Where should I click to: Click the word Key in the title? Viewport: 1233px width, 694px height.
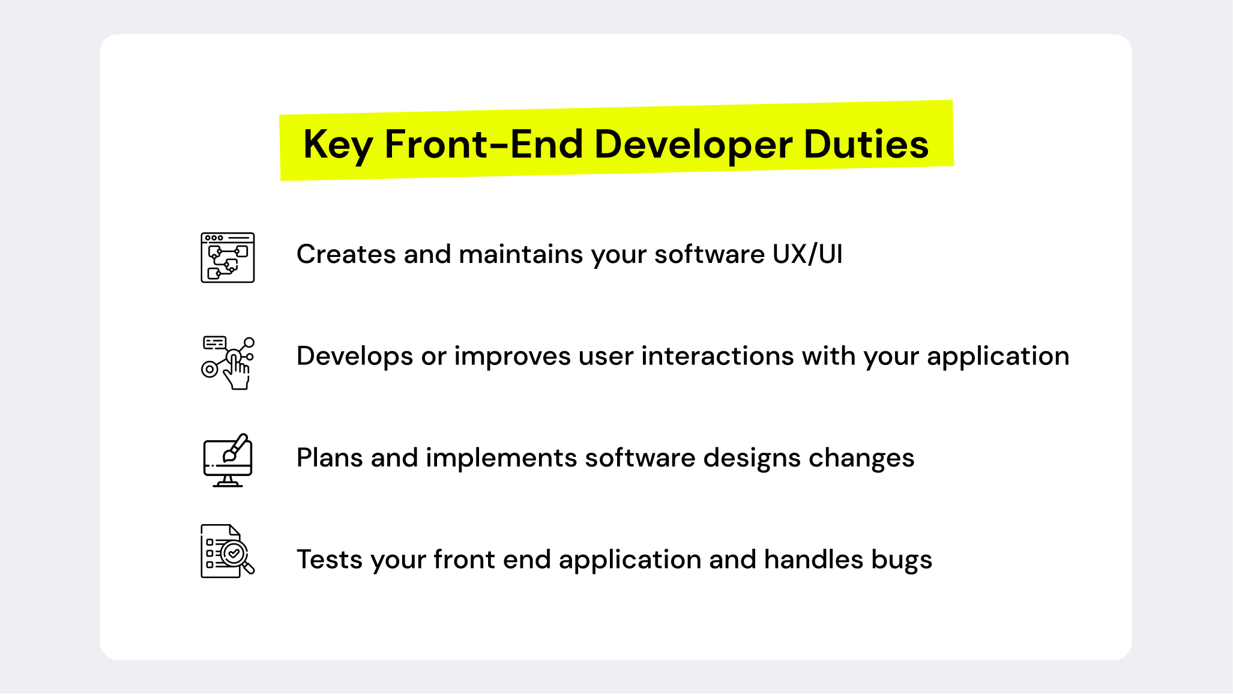[338, 145]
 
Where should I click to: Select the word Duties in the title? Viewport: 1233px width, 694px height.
[866, 145]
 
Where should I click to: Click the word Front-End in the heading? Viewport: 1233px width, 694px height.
[483, 145]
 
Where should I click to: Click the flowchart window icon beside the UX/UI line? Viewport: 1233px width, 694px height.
[228, 258]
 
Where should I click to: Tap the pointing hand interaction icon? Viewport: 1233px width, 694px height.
[228, 363]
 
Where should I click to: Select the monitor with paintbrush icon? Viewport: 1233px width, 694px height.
[228, 460]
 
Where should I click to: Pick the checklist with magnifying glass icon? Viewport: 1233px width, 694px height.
[227, 551]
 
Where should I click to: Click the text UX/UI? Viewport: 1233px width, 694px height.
[807, 254]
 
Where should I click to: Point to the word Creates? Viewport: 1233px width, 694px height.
[346, 254]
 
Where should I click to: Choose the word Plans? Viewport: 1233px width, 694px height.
[330, 457]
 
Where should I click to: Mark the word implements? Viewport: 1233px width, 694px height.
[501, 459]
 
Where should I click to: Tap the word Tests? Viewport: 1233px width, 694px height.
[330, 560]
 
